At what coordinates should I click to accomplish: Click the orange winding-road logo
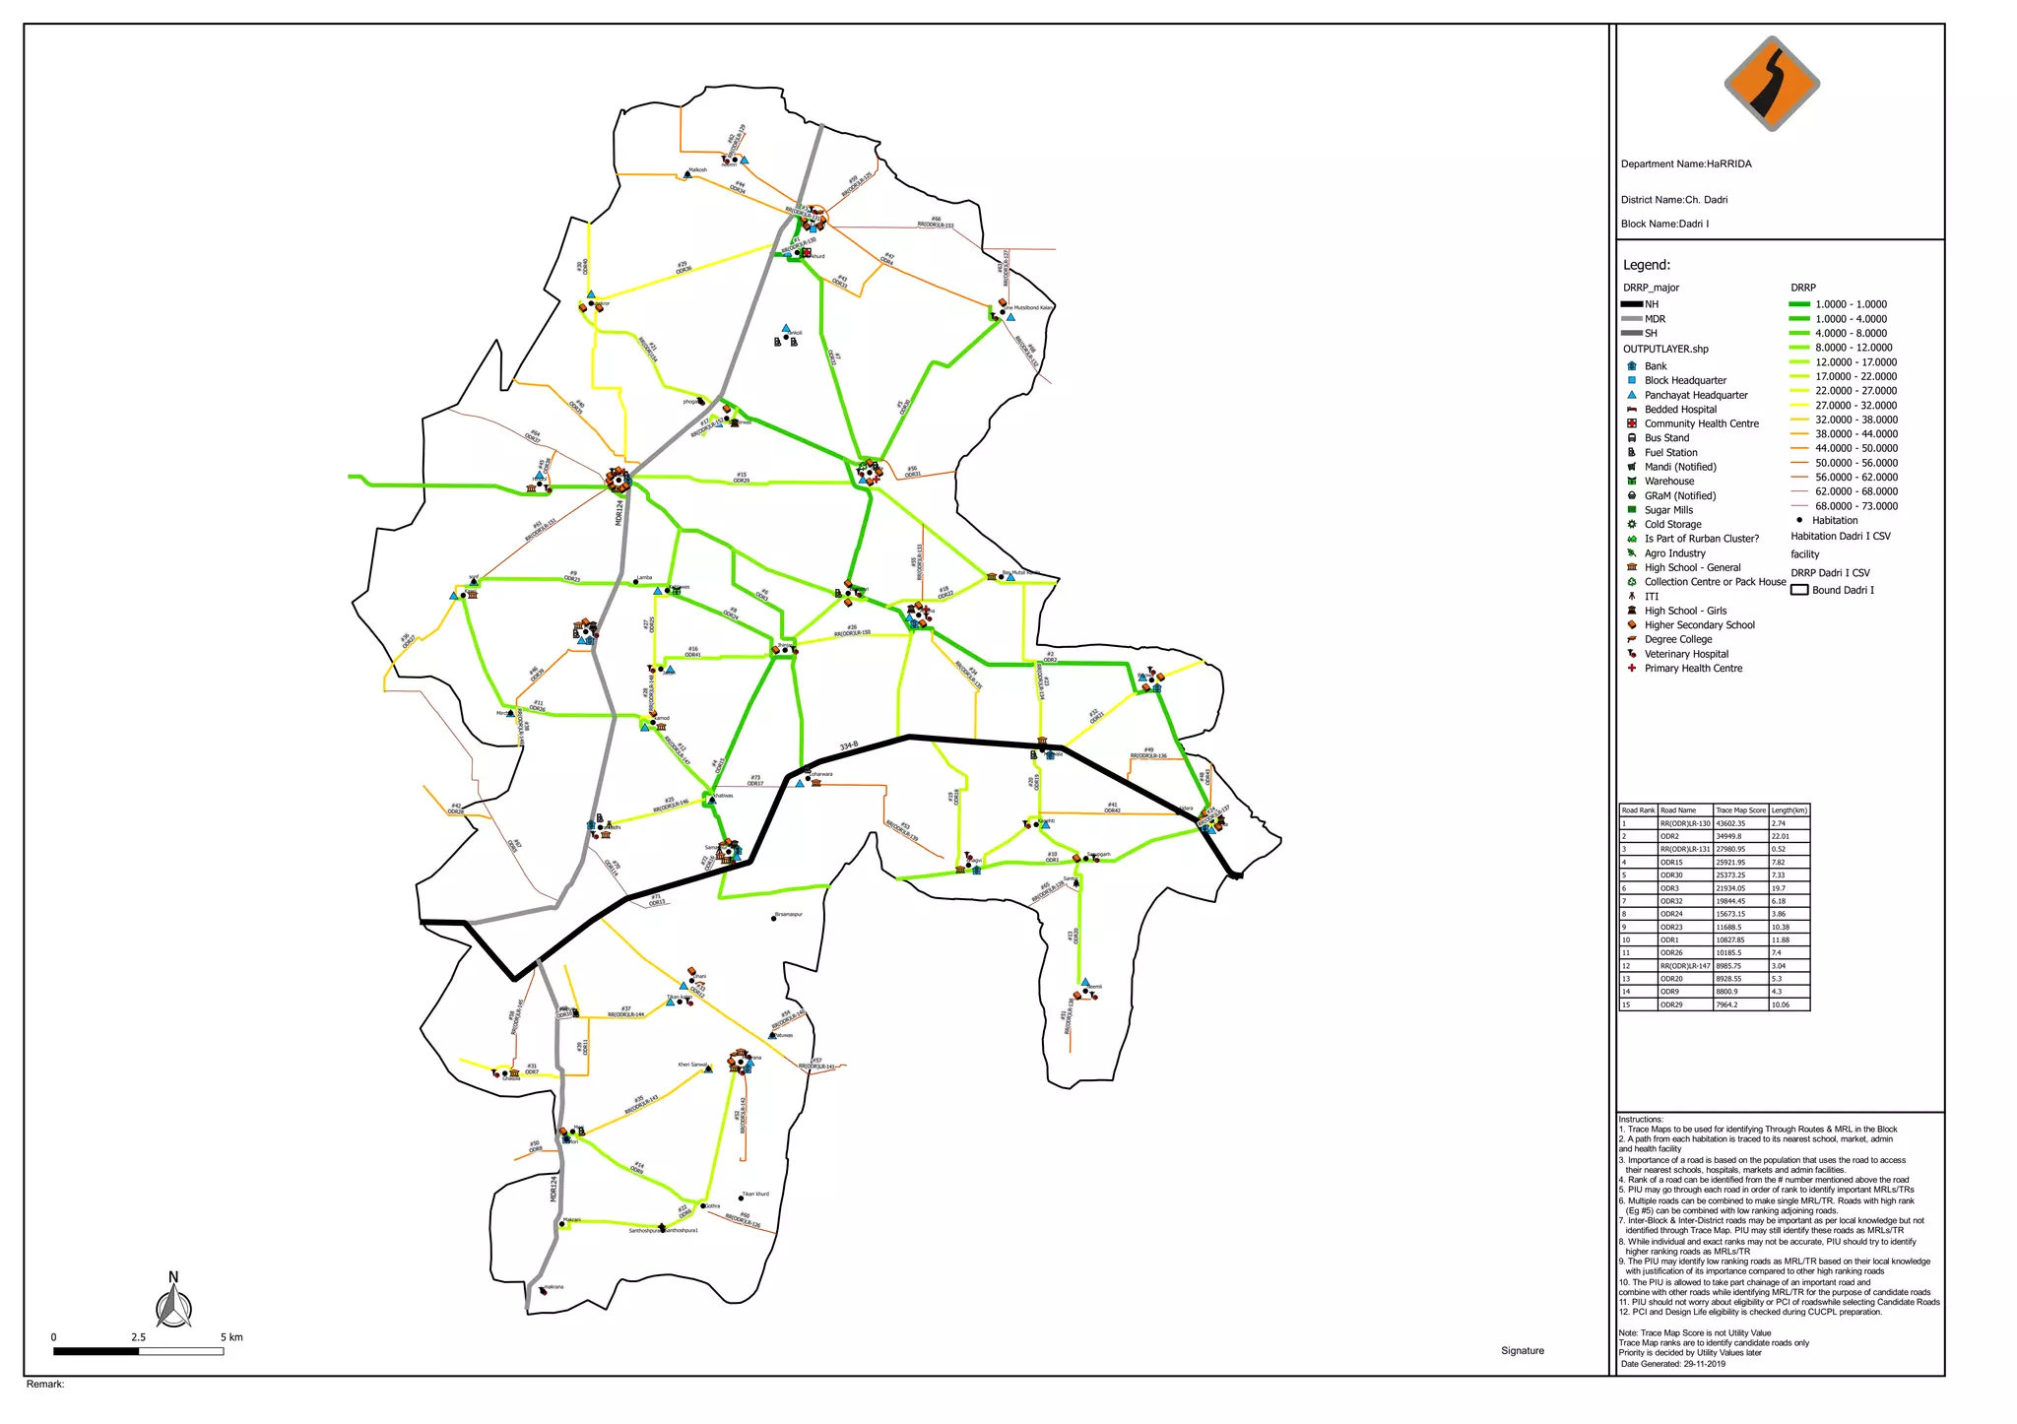(x=1771, y=84)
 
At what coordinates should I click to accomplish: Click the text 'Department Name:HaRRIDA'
(x=1686, y=164)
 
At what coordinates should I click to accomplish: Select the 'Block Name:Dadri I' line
(x=1664, y=224)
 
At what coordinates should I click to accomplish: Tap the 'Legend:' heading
(x=1646, y=265)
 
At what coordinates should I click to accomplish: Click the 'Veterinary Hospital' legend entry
(x=1686, y=654)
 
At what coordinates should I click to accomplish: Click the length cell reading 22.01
(x=1781, y=836)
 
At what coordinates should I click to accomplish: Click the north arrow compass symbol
(x=173, y=1304)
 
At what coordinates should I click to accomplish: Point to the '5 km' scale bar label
(x=231, y=1337)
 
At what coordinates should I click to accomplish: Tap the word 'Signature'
(x=1522, y=1351)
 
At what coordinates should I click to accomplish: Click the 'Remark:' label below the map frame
(x=45, y=1385)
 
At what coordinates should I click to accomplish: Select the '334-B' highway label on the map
(x=849, y=746)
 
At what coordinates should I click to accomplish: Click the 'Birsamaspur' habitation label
(x=789, y=915)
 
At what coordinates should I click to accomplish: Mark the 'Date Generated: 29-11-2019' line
(x=1672, y=1364)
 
